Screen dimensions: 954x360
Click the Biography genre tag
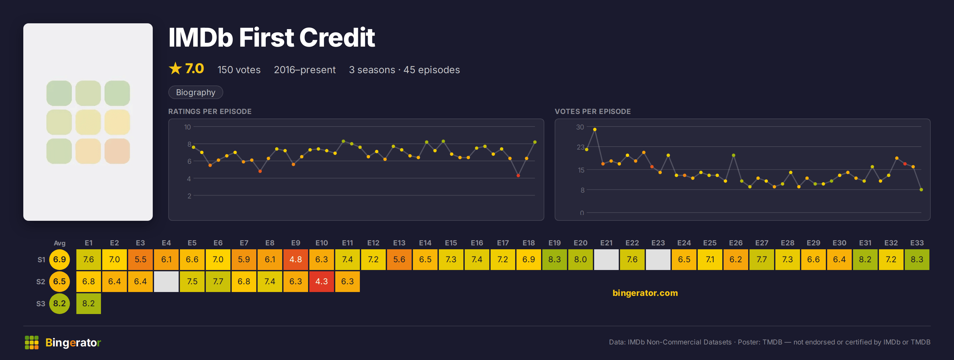(x=195, y=92)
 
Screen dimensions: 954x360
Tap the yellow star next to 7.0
(x=175, y=69)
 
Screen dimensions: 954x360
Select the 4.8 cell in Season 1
(x=295, y=259)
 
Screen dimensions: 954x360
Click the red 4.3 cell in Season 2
(x=321, y=281)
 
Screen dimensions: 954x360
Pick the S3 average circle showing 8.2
(x=59, y=303)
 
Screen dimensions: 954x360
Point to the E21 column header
(x=606, y=243)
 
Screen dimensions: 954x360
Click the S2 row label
(x=41, y=281)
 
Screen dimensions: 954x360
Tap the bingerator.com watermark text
(x=645, y=293)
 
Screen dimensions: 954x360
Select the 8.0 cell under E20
(x=580, y=259)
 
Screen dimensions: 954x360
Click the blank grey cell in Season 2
(x=166, y=281)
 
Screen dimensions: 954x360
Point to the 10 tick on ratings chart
(x=187, y=127)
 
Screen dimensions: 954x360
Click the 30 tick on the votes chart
(x=580, y=127)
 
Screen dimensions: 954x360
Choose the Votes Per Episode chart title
(x=593, y=111)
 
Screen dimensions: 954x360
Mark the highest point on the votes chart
(x=595, y=129)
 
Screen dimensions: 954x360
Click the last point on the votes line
(x=921, y=190)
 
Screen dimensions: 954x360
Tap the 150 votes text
(x=239, y=70)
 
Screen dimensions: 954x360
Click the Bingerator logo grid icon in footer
(x=31, y=343)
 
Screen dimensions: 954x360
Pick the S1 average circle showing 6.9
(x=59, y=259)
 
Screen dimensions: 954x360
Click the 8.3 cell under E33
(x=917, y=259)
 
